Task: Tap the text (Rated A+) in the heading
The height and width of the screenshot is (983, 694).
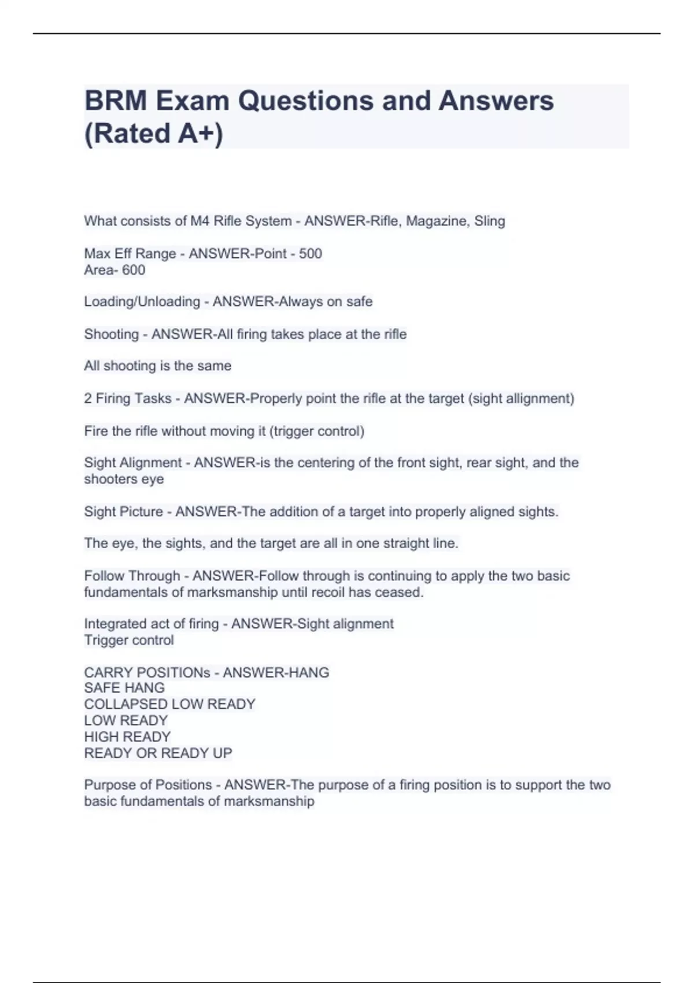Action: click(x=153, y=134)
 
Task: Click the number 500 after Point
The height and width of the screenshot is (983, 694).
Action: click(x=311, y=254)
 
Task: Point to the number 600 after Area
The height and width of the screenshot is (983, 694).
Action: click(x=134, y=270)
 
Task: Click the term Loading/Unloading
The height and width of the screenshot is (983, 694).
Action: click(x=142, y=302)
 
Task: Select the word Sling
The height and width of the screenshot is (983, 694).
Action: click(x=489, y=221)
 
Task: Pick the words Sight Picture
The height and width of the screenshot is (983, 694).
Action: click(x=123, y=512)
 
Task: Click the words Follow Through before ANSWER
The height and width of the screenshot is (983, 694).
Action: click(x=132, y=576)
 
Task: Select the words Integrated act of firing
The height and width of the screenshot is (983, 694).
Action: click(x=152, y=624)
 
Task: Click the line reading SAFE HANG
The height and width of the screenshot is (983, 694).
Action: click(x=124, y=688)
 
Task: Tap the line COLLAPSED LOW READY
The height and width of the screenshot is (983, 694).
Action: click(x=169, y=704)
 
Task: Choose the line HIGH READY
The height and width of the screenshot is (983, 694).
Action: click(x=127, y=737)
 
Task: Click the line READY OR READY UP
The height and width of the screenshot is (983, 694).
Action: click(x=158, y=753)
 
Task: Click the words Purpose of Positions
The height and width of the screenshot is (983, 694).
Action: click(x=148, y=785)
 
